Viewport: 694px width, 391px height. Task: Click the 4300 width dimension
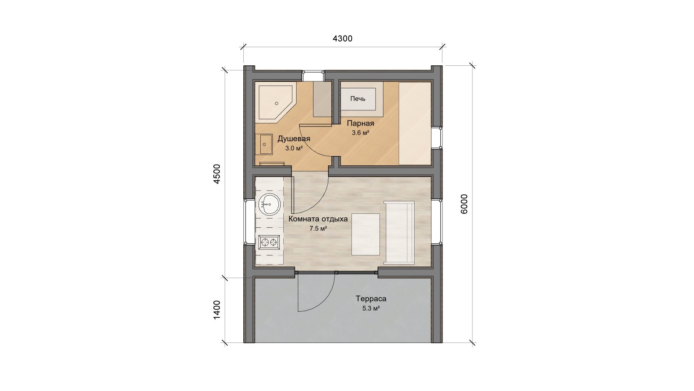coord(342,39)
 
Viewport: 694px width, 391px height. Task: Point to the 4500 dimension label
coord(217,174)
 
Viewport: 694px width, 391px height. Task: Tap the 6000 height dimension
coord(464,204)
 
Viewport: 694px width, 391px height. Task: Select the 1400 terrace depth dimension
coord(217,310)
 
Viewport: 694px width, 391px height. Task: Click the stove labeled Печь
coord(359,99)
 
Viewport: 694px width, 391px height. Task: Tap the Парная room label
coord(360,123)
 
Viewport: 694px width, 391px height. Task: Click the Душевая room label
coord(294,139)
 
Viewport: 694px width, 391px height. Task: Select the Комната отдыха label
coord(318,219)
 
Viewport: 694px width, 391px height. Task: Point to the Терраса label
coord(371,299)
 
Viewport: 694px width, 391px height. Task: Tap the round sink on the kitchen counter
coord(269,204)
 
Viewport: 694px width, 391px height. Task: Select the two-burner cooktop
coord(269,242)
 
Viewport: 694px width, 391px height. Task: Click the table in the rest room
coord(366,234)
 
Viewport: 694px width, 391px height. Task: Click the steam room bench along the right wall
coord(415,123)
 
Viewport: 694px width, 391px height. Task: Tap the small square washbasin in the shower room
coord(264,144)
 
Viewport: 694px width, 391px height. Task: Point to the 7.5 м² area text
coord(318,229)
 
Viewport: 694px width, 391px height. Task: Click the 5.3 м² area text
coord(371,308)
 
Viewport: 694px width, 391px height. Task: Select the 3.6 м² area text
coord(360,133)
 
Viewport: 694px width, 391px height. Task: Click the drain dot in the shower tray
coord(277,103)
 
